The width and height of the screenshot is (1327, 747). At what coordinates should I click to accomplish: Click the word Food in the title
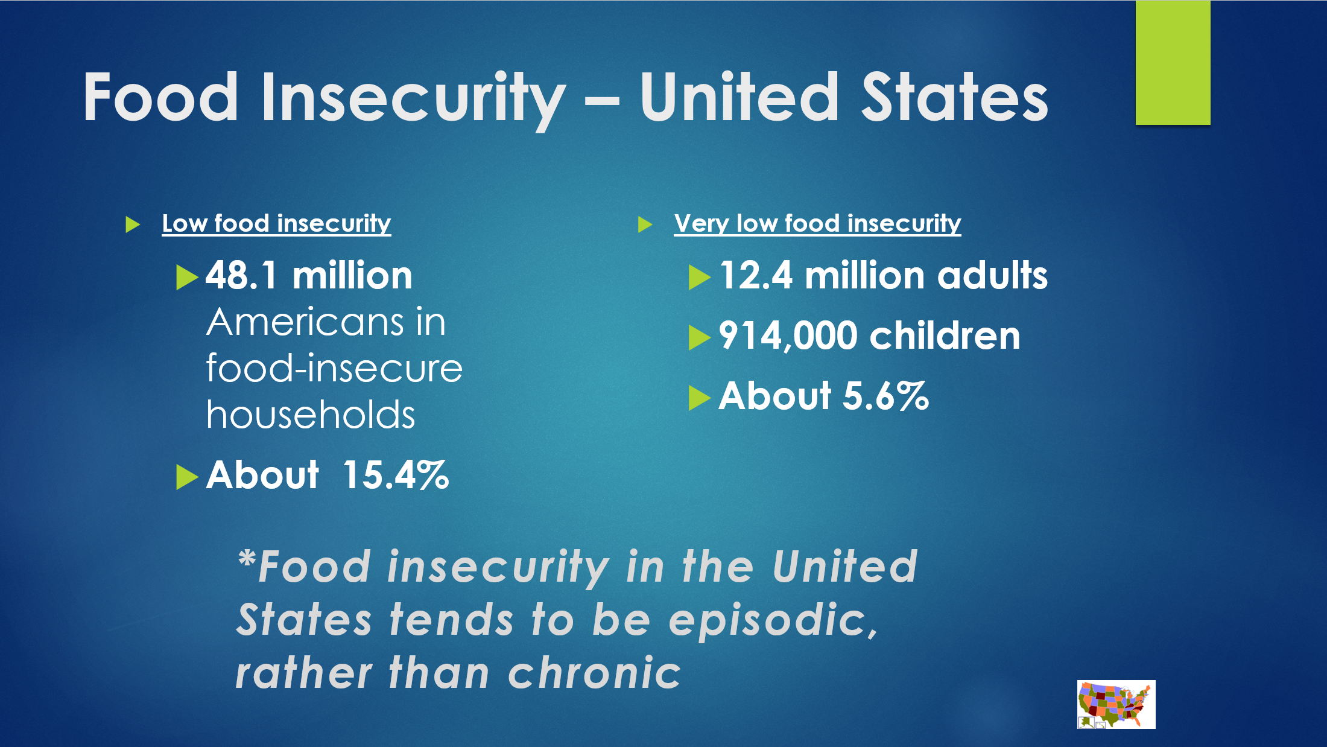tap(160, 97)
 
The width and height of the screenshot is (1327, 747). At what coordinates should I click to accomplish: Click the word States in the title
tap(955, 97)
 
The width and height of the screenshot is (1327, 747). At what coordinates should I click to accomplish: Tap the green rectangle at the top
tap(1173, 63)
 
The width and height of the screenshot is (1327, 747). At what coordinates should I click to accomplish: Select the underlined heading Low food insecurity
tap(276, 224)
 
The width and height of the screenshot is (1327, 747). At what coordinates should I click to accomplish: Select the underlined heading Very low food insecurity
tap(817, 224)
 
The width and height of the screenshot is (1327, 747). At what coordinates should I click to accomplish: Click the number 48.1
tap(241, 276)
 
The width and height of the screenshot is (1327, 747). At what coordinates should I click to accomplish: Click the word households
tap(311, 415)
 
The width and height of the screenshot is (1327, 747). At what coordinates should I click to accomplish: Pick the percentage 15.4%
tap(396, 475)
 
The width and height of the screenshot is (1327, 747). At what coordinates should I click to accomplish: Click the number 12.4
tap(755, 276)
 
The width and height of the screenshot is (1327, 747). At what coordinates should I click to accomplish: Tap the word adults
tap(992, 276)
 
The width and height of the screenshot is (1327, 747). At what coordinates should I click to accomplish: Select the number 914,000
tap(788, 336)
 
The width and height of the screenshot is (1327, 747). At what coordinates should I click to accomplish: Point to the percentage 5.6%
tap(885, 396)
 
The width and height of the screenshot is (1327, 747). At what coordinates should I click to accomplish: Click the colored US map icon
tap(1116, 704)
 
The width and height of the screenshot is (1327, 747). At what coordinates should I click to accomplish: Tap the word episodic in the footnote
tap(773, 621)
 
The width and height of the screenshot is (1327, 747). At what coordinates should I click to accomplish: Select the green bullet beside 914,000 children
tap(699, 337)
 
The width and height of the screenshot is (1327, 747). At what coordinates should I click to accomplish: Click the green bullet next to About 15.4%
tap(187, 477)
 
